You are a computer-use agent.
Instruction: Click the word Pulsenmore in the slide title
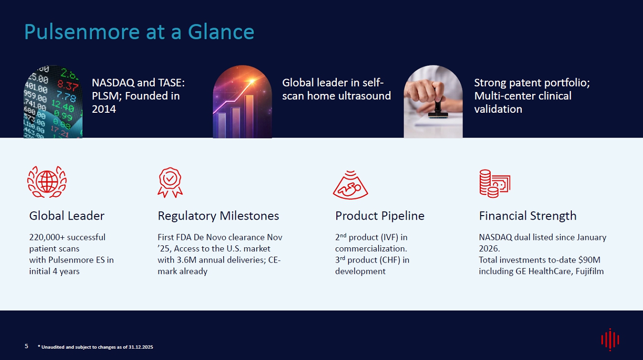(x=82, y=32)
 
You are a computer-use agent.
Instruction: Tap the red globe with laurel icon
(x=47, y=181)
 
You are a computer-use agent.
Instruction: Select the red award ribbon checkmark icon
(x=170, y=182)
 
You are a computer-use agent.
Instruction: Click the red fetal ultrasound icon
(x=351, y=185)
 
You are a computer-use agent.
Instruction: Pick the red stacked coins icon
(x=495, y=184)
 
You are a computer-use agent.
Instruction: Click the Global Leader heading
(x=67, y=216)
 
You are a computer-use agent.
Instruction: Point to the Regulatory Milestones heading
(x=218, y=216)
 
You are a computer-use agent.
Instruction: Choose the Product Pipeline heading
(x=380, y=216)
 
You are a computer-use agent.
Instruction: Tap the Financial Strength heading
(x=528, y=216)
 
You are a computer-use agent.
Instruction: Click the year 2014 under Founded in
(x=104, y=109)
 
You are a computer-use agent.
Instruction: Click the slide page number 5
(x=26, y=346)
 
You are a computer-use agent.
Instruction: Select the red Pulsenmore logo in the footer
(x=610, y=340)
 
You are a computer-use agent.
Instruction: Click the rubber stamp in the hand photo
(x=438, y=108)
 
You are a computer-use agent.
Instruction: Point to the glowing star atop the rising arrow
(x=252, y=82)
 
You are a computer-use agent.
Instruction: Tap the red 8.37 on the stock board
(x=68, y=85)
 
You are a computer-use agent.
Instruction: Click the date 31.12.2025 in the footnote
(x=140, y=347)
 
